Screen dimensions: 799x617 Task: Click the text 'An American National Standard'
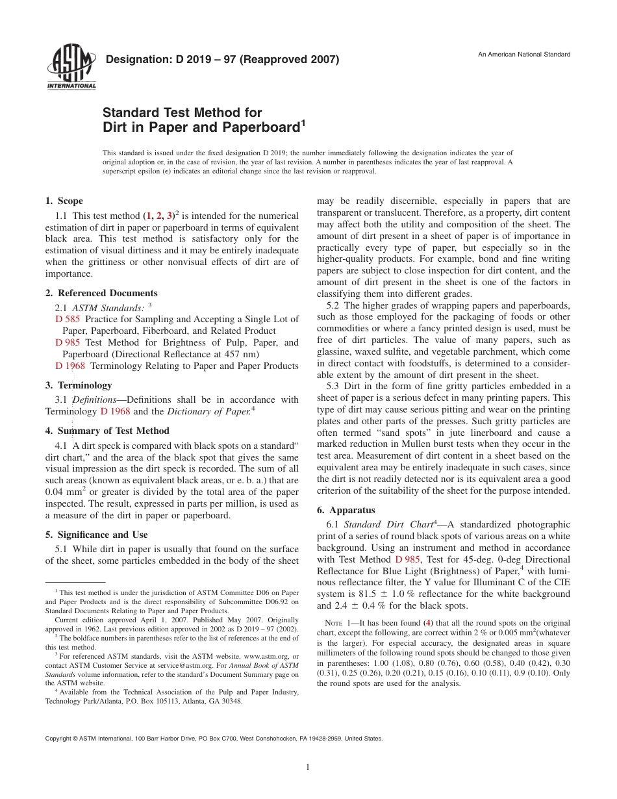click(x=524, y=54)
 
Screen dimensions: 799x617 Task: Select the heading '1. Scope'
click(x=64, y=201)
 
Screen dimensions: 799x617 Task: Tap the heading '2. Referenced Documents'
click(x=101, y=293)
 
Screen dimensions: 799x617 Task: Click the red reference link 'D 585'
click(x=68, y=319)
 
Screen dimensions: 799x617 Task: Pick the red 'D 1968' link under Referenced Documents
click(x=71, y=366)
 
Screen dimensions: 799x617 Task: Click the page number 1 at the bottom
click(x=308, y=767)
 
